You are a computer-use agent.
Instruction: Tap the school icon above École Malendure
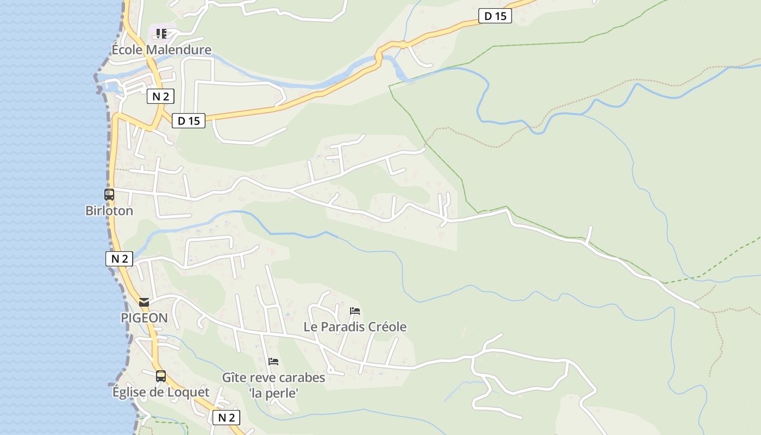(x=161, y=34)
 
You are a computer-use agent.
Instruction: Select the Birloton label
(x=109, y=210)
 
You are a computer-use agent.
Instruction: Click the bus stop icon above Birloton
(x=109, y=194)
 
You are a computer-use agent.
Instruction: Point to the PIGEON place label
(x=144, y=318)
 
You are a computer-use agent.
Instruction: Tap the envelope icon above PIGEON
(x=144, y=302)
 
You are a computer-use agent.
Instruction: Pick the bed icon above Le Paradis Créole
(x=355, y=311)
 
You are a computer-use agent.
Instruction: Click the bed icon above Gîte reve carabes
(x=273, y=361)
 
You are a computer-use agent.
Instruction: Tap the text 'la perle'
(x=274, y=393)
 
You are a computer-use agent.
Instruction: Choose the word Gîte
(x=234, y=377)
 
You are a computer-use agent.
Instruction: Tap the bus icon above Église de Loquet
(x=161, y=376)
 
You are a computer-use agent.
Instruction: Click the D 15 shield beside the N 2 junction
(x=189, y=121)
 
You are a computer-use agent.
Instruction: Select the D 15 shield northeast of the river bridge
(x=495, y=16)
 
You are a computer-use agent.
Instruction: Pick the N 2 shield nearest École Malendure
(x=160, y=97)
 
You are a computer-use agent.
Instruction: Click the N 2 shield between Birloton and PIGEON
(x=119, y=259)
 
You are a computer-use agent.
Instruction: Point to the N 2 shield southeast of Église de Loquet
(x=226, y=418)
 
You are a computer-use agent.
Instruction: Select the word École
(x=127, y=50)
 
